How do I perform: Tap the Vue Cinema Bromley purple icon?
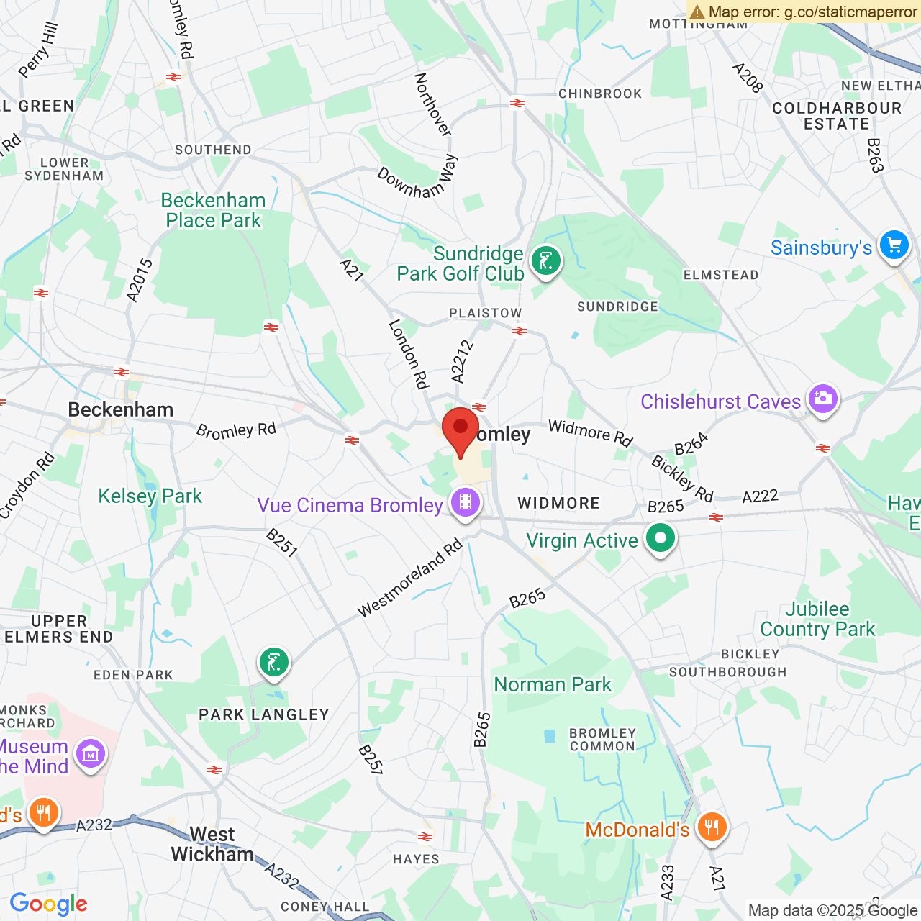(466, 502)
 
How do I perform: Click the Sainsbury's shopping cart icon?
(894, 246)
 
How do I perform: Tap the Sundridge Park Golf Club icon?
(546, 261)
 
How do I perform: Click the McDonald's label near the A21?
(637, 830)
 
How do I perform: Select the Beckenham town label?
(121, 409)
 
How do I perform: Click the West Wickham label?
(212, 844)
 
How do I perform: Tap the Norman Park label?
(553, 684)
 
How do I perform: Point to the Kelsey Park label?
(150, 496)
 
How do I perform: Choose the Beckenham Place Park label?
(213, 210)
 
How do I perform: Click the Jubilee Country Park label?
(817, 619)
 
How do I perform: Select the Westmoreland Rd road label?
(409, 579)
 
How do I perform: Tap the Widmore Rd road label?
(590, 432)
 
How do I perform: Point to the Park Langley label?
(264, 714)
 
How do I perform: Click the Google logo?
(49, 904)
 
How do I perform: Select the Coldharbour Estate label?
(836, 116)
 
